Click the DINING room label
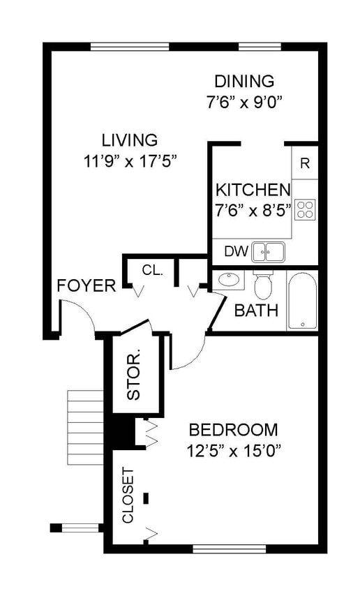(x=244, y=81)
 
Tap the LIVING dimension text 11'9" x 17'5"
(x=130, y=162)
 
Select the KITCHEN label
(x=253, y=190)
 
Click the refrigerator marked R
(x=305, y=163)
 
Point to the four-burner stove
(x=305, y=209)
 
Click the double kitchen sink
(x=268, y=252)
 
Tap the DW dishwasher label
(x=236, y=251)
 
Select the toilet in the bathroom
(x=263, y=284)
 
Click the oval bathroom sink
(x=229, y=280)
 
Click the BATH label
(x=256, y=311)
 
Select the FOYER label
(x=87, y=286)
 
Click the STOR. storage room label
(x=134, y=375)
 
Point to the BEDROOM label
(x=234, y=430)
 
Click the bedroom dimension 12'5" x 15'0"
(x=234, y=450)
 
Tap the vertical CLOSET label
(x=128, y=495)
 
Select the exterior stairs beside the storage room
(x=85, y=428)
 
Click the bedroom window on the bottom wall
(x=230, y=549)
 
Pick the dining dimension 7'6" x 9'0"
(x=244, y=102)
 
